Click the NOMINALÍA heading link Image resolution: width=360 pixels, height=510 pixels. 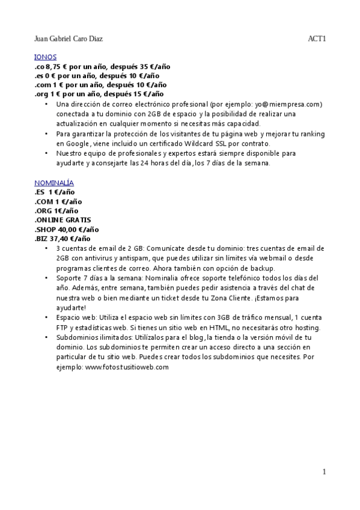(54, 182)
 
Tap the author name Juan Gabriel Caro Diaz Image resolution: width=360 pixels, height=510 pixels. (69, 39)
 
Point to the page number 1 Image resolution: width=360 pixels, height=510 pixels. (324, 472)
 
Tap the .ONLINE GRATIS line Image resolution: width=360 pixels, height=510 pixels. (63, 220)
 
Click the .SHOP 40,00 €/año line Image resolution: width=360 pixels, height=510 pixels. (66, 229)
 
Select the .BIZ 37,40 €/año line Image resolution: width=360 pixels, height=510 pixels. (64, 238)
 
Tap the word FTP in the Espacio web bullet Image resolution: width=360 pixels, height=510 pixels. (63, 328)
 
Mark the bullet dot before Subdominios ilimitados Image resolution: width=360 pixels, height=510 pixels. (47, 338)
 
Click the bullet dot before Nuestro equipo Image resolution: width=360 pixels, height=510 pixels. (47, 153)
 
